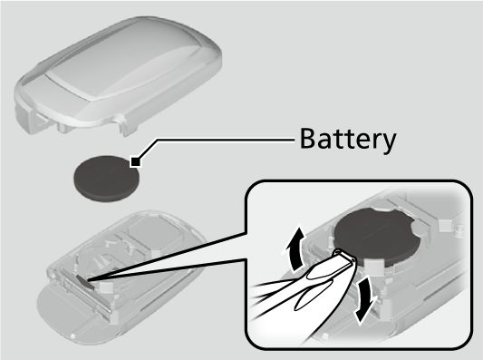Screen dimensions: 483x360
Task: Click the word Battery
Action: [x=348, y=140]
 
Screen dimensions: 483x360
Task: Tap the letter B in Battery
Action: [x=309, y=138]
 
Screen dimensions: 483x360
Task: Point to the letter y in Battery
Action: [x=388, y=143]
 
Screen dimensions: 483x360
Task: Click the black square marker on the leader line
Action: [x=136, y=161]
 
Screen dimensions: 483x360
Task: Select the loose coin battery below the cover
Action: [x=106, y=179]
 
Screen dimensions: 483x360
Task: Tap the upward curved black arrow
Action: [x=295, y=248]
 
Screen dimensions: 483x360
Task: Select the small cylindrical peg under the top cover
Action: [x=62, y=127]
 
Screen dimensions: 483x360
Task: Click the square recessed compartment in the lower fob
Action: [x=153, y=232]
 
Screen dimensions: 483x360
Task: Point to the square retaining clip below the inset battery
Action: [x=373, y=266]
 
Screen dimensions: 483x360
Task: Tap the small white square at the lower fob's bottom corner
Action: [x=73, y=336]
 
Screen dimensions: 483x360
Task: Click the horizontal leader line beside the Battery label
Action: [x=226, y=140]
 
